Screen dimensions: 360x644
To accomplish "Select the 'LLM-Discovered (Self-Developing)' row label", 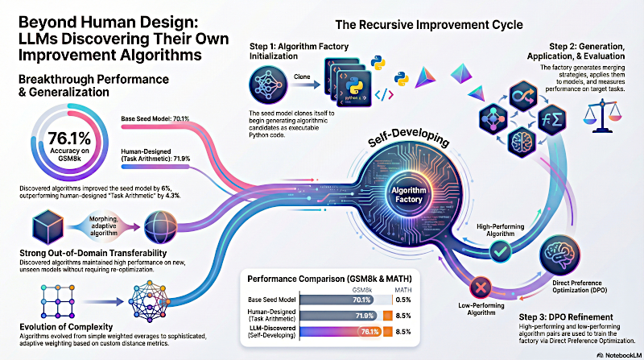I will (x=279, y=332).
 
